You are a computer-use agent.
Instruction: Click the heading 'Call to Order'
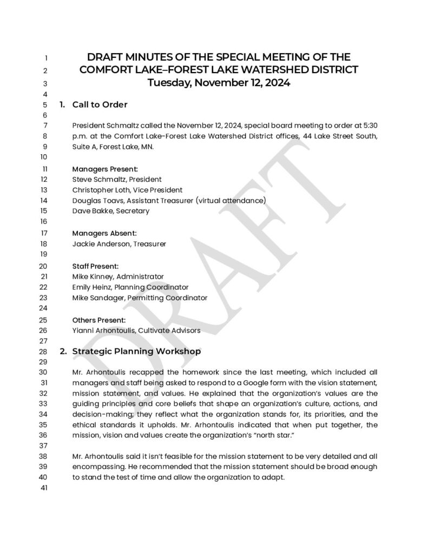coord(100,104)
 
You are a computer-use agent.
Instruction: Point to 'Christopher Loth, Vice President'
coord(127,190)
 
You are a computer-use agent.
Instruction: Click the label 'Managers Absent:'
coord(104,233)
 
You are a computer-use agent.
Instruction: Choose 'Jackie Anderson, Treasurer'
coord(119,244)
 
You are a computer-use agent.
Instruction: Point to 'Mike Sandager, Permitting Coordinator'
coord(140,298)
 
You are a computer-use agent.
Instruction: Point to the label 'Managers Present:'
coord(105,169)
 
